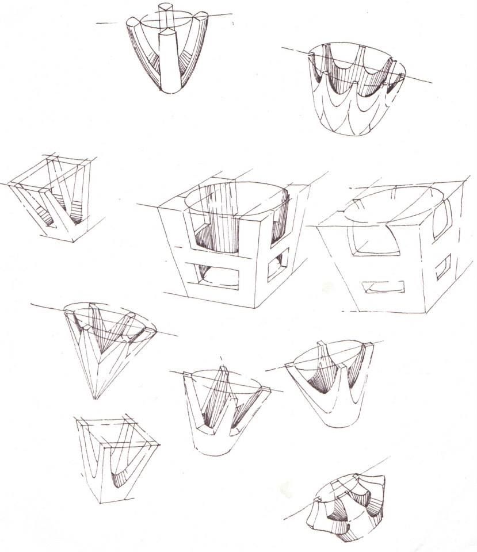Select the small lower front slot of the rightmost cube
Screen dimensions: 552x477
click(383, 286)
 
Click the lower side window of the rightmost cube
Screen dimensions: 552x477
click(443, 267)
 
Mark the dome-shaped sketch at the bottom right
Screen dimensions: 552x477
click(348, 506)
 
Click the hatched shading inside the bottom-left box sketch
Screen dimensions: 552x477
click(124, 474)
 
